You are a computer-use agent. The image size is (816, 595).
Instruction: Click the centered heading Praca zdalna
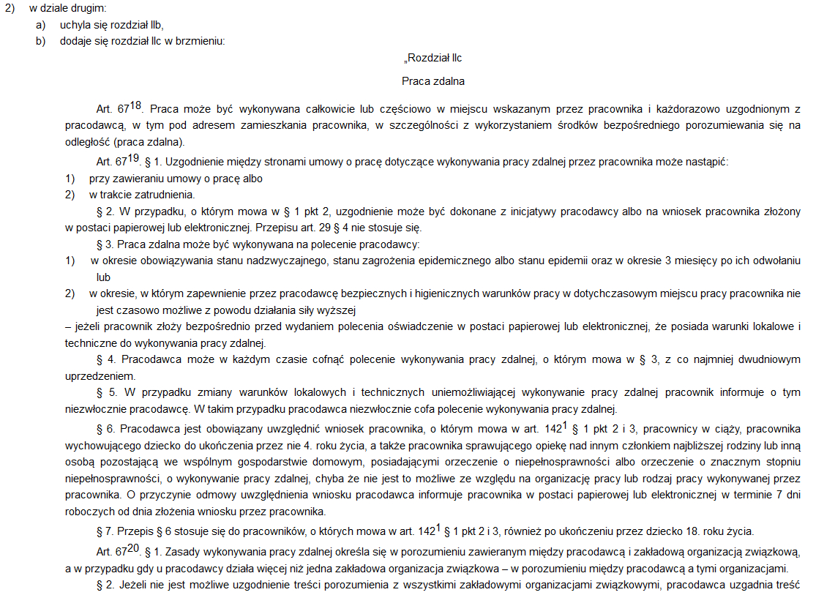pos(433,81)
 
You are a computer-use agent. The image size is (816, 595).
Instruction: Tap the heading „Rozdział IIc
pos(433,58)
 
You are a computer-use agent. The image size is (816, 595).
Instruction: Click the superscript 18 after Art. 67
pos(136,104)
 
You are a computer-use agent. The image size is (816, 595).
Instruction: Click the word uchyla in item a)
pos(74,25)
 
